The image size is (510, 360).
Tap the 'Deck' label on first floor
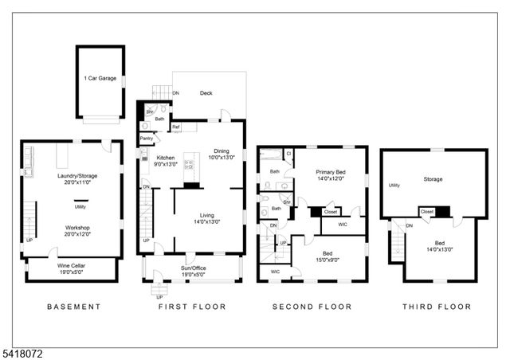[x=206, y=92]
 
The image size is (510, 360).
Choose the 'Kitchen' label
[x=165, y=158]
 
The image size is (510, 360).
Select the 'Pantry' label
[x=147, y=139]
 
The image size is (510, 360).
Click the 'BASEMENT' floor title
[x=74, y=307]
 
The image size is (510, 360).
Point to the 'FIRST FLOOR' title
[x=192, y=307]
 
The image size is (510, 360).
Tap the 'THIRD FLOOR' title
[x=436, y=307]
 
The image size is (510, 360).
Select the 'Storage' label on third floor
[x=433, y=179]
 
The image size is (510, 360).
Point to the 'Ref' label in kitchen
[x=176, y=127]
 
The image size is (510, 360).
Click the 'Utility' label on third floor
[x=394, y=186]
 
